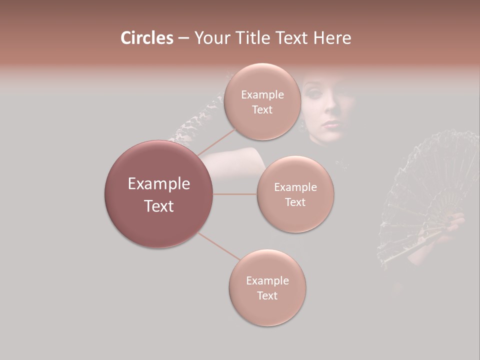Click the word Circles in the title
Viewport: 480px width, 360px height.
pos(147,38)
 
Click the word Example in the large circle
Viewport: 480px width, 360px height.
pos(159,184)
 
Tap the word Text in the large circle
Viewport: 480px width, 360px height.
pos(159,206)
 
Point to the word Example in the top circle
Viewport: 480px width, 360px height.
pos(262,95)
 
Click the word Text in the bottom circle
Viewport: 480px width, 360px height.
pos(267,295)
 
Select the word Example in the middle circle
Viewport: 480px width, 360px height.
pos(295,187)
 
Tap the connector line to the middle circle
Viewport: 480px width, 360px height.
pos(235,194)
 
